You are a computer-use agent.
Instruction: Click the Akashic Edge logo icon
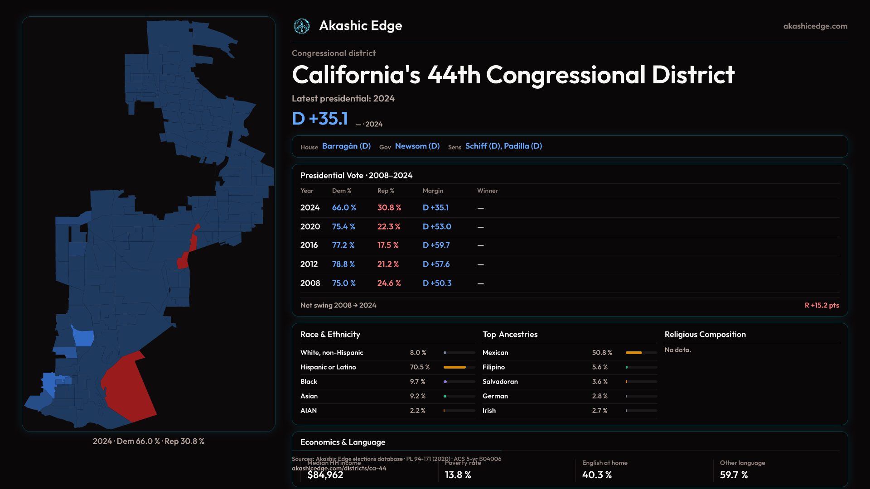click(x=302, y=26)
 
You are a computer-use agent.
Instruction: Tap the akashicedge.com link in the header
click(x=815, y=26)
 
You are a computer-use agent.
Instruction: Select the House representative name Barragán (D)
click(x=346, y=146)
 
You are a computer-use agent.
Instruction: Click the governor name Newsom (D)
click(x=417, y=146)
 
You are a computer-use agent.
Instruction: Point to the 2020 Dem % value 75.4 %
click(x=343, y=226)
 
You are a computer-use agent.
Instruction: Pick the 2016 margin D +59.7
click(x=436, y=245)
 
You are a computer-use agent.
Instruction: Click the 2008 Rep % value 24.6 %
click(x=389, y=283)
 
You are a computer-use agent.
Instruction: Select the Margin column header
click(x=433, y=191)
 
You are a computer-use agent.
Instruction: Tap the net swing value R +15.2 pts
click(x=822, y=305)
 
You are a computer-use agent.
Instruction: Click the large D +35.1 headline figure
click(x=320, y=119)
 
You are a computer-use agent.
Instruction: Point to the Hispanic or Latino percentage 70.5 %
click(x=420, y=367)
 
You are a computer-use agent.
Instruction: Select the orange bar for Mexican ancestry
click(x=633, y=353)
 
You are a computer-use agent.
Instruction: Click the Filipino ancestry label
click(x=493, y=367)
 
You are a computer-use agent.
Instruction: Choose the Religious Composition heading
click(x=705, y=335)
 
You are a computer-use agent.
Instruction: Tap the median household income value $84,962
click(x=325, y=475)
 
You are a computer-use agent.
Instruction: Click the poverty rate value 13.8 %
click(x=458, y=475)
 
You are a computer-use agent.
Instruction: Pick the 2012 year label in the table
click(x=309, y=264)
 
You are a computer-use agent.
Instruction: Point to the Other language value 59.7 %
click(x=734, y=475)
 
